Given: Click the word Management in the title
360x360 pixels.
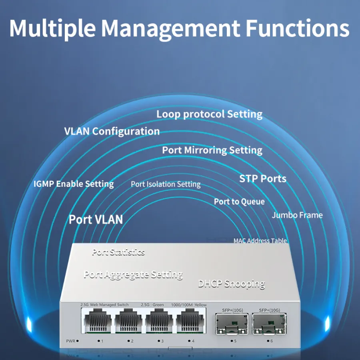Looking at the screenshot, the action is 170,29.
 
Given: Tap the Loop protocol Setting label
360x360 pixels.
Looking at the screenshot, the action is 209,114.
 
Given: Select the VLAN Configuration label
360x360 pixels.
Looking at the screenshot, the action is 112,132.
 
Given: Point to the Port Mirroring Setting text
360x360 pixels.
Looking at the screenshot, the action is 212,150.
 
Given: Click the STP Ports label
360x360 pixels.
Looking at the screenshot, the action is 263,179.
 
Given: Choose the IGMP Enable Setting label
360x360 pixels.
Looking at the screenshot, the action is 74,184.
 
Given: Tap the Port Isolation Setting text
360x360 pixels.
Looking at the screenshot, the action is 166,184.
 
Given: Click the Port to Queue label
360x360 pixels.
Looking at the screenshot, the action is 239,202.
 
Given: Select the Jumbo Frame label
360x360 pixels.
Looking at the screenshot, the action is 297,215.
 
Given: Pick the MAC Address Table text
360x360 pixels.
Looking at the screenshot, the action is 260,241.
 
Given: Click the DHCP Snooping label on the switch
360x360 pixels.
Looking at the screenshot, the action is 232,284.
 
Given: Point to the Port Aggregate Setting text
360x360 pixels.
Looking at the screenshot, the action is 133,275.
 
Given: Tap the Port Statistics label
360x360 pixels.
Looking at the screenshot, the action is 118,252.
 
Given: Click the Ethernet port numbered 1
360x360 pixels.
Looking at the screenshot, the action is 98,321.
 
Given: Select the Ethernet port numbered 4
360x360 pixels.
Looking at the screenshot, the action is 190,321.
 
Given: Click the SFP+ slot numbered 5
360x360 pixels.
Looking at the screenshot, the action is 232,324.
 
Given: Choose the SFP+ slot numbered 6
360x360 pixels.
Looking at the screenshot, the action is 269,324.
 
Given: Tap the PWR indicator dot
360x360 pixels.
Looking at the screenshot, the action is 78,341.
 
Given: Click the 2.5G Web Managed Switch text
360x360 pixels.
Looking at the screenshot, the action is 104,305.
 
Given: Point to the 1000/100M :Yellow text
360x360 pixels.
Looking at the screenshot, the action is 189,305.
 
